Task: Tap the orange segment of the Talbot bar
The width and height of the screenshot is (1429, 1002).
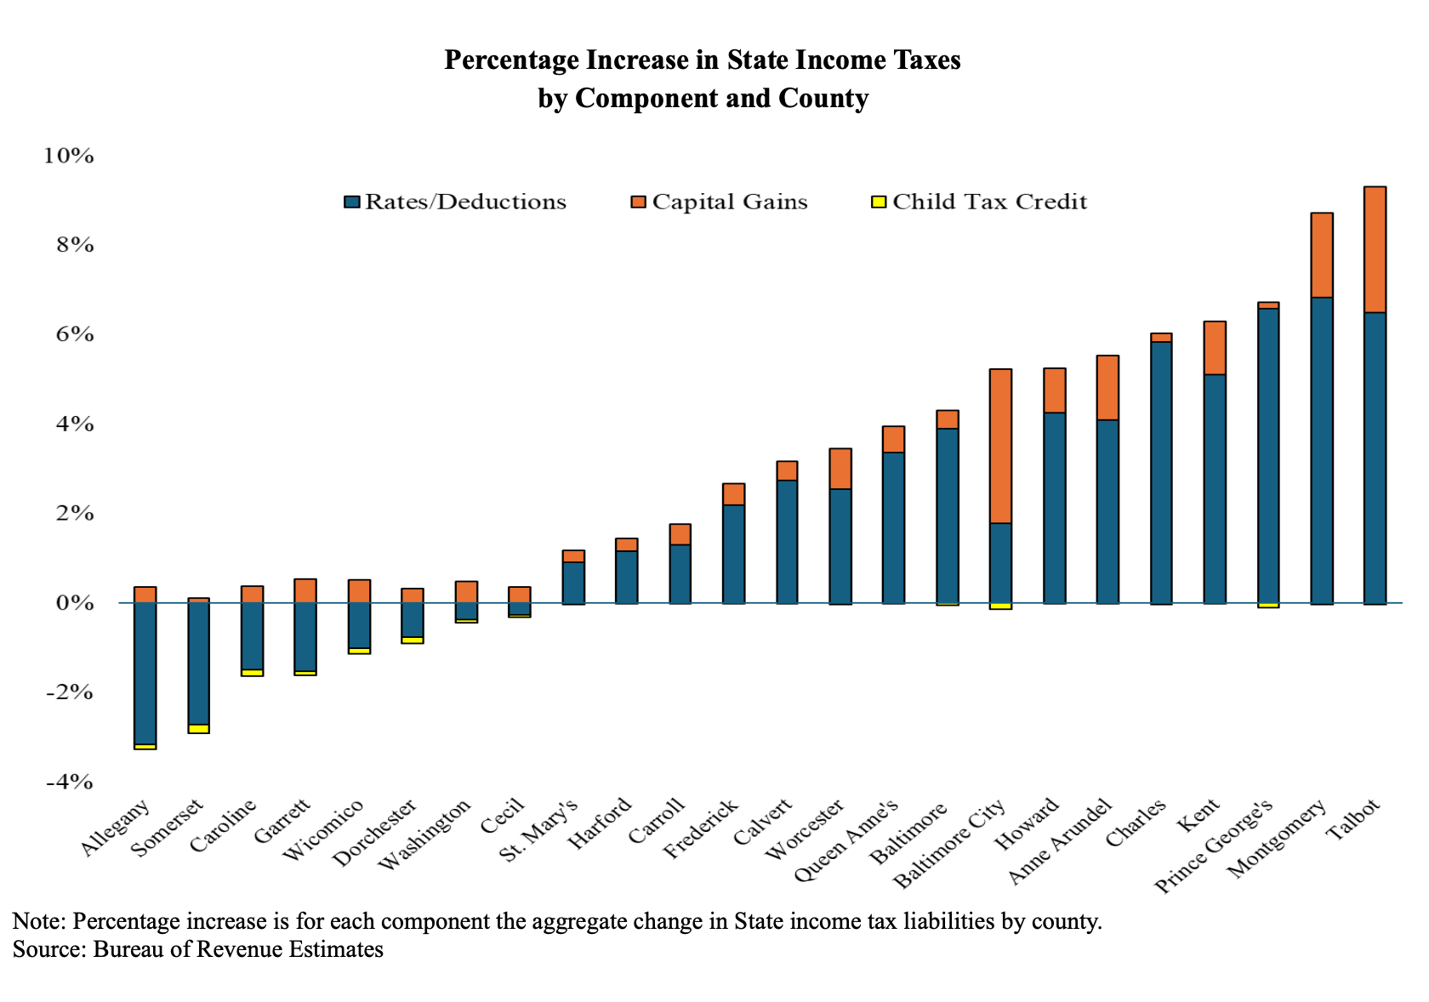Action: pyautogui.click(x=1375, y=249)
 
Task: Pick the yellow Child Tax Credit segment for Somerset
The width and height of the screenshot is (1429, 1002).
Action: pyautogui.click(x=198, y=729)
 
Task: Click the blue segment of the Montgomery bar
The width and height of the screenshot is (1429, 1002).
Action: pyautogui.click(x=1321, y=451)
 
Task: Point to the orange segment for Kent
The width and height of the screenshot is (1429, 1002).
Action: pyautogui.click(x=1214, y=348)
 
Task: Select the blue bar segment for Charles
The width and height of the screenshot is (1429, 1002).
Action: pyautogui.click(x=1161, y=473)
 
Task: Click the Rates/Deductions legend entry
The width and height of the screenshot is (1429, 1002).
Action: pyautogui.click(x=455, y=202)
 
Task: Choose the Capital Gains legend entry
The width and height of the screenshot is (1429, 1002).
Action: pyautogui.click(x=720, y=202)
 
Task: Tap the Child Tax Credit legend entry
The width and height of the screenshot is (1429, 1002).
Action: pyautogui.click(x=980, y=202)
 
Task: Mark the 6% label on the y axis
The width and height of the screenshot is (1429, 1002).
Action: pyautogui.click(x=75, y=334)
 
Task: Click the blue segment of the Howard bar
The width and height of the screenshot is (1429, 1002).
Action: pyautogui.click(x=1054, y=509)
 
